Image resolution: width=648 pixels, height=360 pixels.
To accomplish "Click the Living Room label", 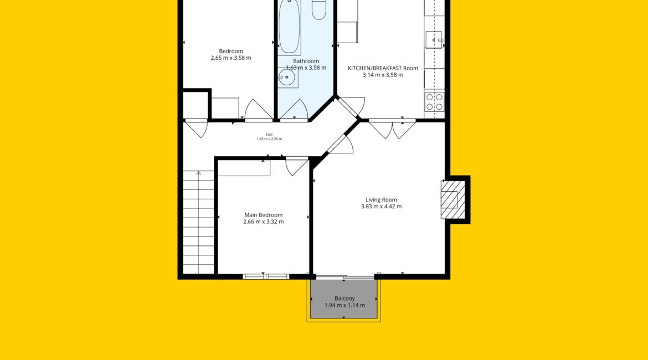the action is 381,199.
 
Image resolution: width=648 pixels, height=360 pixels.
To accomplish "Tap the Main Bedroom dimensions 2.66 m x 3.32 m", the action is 263,222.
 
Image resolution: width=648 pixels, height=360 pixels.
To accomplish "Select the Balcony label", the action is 344,299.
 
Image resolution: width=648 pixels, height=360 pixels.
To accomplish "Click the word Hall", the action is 270,135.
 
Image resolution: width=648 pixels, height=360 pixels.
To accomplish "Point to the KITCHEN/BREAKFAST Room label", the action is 383,68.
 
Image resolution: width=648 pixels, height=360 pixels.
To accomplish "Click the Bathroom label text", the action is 306,61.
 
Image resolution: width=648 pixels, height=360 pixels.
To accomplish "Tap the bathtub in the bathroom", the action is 289,27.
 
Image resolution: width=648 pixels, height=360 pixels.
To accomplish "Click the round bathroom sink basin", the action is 286,78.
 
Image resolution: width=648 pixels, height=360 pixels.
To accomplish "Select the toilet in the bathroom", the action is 319,9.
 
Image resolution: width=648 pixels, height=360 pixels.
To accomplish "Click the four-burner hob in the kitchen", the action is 434,102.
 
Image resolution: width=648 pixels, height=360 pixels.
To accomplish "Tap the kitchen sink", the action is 434,40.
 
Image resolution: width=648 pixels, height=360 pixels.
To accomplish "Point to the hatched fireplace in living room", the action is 453,200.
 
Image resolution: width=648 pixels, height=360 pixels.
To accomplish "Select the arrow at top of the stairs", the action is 199,173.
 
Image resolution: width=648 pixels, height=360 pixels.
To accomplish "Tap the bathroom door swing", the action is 294,110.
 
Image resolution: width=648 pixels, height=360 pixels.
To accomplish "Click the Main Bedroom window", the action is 266,276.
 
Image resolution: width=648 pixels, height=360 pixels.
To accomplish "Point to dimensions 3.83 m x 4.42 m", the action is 381,207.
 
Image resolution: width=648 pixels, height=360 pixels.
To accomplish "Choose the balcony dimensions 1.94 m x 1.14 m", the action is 344,305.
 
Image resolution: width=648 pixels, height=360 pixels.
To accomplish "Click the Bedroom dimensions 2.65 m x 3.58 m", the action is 231,58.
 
